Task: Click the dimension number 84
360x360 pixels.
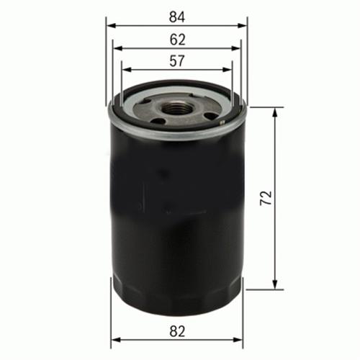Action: click(x=177, y=17)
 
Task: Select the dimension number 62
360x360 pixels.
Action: click(x=177, y=40)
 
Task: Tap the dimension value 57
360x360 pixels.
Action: click(x=177, y=60)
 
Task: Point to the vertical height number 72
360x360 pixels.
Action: click(x=266, y=198)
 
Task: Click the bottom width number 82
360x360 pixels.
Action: click(x=177, y=331)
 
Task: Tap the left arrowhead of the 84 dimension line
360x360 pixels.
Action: click(x=111, y=26)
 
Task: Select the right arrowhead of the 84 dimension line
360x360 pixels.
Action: click(x=242, y=26)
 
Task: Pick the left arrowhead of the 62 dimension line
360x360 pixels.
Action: click(x=118, y=48)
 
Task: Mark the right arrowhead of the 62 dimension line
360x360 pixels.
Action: click(x=235, y=48)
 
